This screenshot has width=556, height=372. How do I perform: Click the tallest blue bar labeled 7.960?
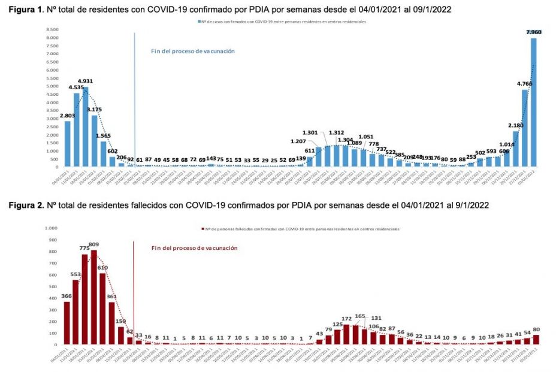(x=533, y=102)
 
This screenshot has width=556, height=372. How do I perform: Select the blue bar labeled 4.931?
(x=86, y=126)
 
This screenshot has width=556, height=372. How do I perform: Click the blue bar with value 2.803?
(x=68, y=144)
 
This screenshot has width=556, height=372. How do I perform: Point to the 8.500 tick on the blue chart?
(x=52, y=29)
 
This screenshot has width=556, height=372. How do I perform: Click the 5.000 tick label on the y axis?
(x=52, y=86)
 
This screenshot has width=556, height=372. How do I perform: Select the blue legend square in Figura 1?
(x=199, y=21)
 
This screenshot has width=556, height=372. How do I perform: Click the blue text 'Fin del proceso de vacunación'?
(x=192, y=51)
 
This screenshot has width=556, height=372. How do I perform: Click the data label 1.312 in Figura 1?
(x=337, y=133)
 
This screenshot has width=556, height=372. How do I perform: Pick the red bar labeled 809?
(x=94, y=297)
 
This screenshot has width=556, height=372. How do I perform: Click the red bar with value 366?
(x=67, y=323)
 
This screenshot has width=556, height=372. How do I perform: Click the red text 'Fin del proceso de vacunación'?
(x=194, y=248)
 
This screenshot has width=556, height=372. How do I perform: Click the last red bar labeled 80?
(x=535, y=339)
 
